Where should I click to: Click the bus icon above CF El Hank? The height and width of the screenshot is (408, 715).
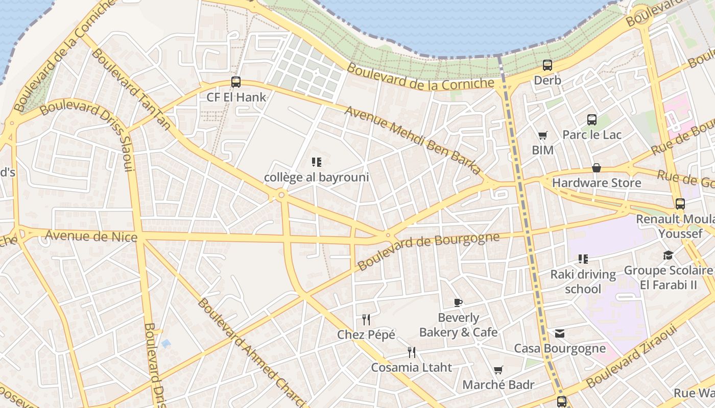point(235,82)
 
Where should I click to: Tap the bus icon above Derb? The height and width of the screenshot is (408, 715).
point(547,65)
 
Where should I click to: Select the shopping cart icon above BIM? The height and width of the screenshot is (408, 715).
point(542,135)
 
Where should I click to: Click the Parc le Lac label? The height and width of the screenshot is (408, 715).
point(592,135)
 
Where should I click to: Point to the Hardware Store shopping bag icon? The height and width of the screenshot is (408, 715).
point(596,168)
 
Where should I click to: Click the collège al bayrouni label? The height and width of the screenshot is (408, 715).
point(316,177)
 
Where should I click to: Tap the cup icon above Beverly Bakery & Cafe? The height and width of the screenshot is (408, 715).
point(458,302)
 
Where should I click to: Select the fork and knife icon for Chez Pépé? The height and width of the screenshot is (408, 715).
point(366,320)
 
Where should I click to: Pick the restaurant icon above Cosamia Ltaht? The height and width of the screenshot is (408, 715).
point(411,352)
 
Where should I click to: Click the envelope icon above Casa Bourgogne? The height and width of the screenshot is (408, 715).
point(560,334)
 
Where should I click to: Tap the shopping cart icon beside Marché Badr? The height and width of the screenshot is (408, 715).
point(498,370)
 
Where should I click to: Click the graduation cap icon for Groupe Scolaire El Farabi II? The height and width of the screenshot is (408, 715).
point(668,255)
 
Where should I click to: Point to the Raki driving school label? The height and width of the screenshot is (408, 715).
point(583,282)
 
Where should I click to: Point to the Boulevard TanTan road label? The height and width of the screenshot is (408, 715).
point(130,89)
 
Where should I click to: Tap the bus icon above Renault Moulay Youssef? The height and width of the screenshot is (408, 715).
point(680,204)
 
